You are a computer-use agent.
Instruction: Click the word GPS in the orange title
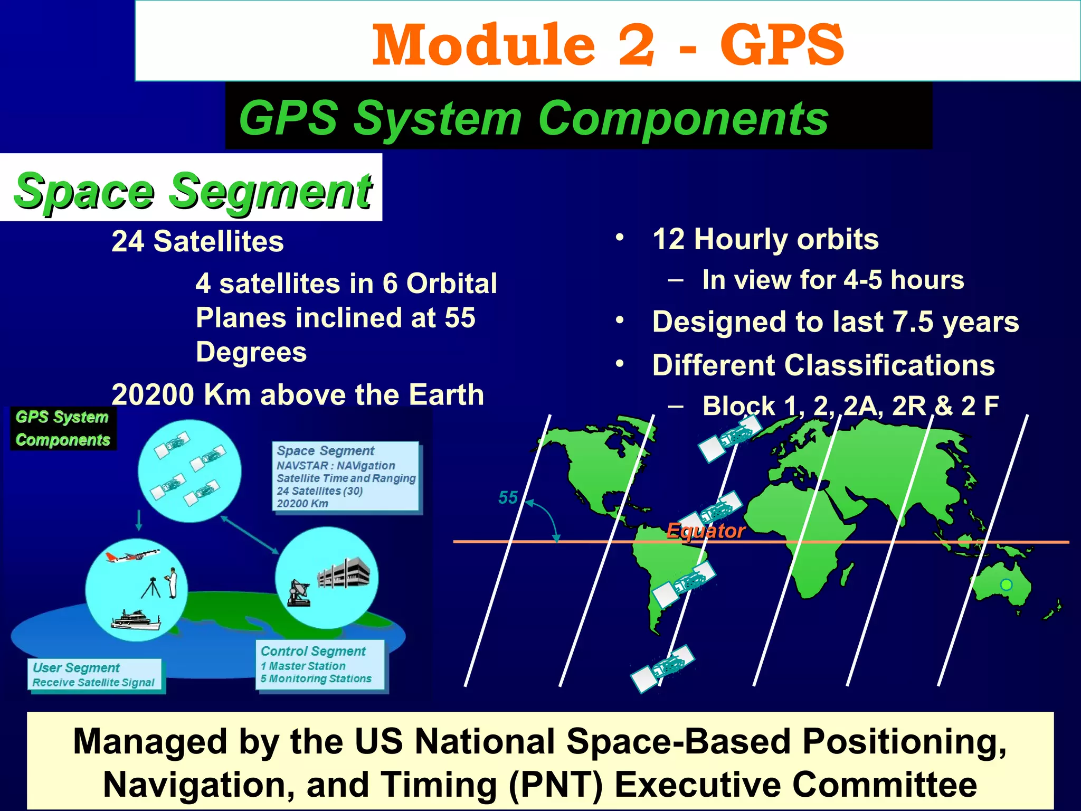pos(782,45)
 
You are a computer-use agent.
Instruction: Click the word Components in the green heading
pos(683,119)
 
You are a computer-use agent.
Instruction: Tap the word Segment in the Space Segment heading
pos(270,191)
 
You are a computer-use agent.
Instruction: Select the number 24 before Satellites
pos(128,242)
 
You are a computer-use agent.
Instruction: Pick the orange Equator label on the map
pos(705,530)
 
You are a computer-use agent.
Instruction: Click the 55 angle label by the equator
pos(508,497)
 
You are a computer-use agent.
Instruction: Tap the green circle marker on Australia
pos(1007,584)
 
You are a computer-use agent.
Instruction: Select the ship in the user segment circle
pos(136,620)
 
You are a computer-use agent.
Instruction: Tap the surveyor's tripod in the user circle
pos(151,588)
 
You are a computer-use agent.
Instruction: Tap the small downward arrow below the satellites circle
pos(139,521)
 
